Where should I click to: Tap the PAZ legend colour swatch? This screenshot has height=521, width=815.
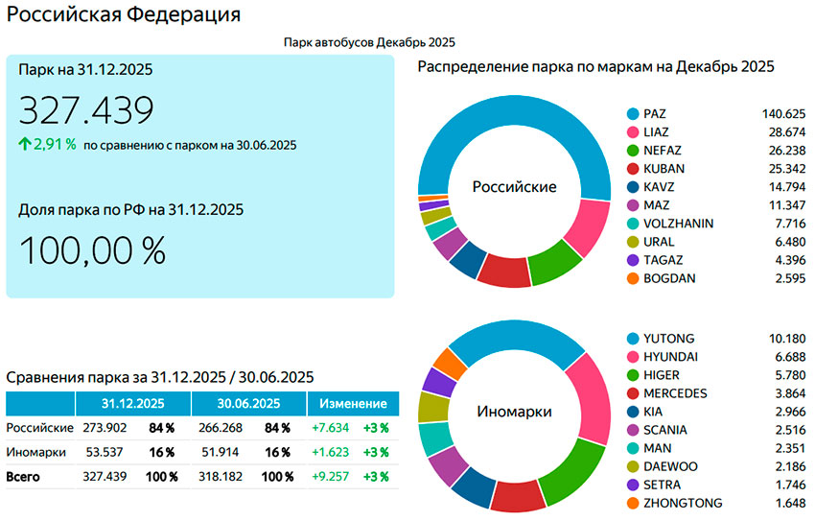click(x=632, y=113)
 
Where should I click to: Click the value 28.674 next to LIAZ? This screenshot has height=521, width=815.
click(x=785, y=131)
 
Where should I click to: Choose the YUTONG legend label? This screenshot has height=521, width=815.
click(x=669, y=339)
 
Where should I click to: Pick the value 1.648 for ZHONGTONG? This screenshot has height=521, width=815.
click(x=786, y=503)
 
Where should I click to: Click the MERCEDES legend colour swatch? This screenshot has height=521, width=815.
click(x=632, y=393)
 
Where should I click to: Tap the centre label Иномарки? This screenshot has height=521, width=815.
click(x=514, y=412)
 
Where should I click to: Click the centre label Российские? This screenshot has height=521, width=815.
click(x=514, y=187)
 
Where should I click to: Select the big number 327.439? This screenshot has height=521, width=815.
click(x=86, y=110)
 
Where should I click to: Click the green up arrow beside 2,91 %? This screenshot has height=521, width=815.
click(x=24, y=145)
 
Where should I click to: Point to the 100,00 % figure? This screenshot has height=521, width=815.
click(x=92, y=250)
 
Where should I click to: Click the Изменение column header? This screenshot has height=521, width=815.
click(x=354, y=404)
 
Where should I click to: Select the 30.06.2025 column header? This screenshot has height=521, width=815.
click(x=248, y=404)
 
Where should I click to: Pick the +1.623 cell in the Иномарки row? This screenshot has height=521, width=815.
click(x=332, y=452)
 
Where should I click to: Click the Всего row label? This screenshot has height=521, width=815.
click(x=23, y=476)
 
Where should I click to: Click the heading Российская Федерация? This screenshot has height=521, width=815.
click(x=124, y=15)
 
